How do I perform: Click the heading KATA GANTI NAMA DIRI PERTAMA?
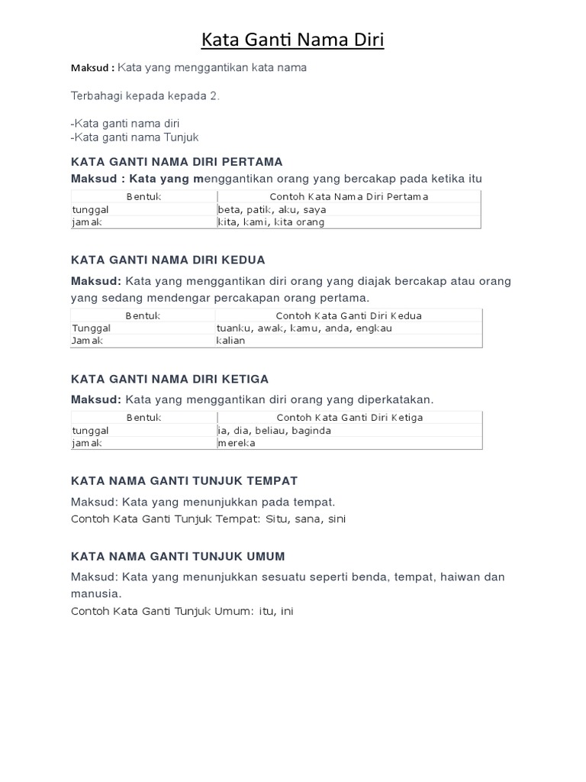176,162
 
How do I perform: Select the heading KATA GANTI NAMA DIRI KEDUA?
168,260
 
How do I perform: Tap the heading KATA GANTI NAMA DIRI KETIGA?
169,380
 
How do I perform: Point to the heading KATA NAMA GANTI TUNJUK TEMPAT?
184,480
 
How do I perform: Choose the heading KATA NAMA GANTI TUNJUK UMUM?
178,556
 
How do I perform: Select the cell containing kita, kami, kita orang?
271,222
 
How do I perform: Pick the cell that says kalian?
231,341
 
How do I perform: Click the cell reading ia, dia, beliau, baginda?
274,431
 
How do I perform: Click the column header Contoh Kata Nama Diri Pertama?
349,197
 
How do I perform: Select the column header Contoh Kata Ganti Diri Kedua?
349,315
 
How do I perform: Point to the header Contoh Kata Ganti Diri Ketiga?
349,418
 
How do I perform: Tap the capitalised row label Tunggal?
92,328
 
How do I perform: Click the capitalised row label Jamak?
87,341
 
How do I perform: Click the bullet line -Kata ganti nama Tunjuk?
134,137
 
